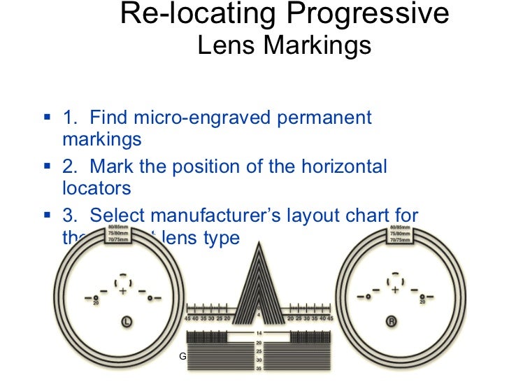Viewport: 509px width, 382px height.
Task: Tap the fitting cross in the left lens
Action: pos(123,290)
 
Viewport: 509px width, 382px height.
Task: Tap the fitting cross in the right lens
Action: pos(395,290)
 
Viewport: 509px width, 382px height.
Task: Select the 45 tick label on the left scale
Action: pos(187,318)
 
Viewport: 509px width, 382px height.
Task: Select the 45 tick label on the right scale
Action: pos(331,318)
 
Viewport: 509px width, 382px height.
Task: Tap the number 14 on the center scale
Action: pos(259,333)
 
